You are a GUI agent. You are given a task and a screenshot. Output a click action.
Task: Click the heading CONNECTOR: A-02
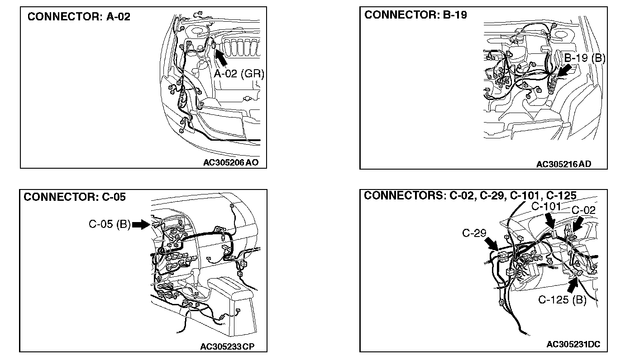coord(79,17)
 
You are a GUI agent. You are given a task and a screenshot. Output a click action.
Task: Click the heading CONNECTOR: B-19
coord(415,15)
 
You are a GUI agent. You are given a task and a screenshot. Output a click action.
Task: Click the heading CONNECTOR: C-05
coord(75,197)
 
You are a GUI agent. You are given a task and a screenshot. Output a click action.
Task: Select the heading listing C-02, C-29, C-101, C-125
coord(470,195)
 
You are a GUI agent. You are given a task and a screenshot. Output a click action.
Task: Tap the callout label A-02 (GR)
coord(239,73)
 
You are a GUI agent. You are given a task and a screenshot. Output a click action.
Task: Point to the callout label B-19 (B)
coord(585,57)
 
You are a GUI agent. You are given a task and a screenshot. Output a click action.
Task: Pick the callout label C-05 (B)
coord(109,224)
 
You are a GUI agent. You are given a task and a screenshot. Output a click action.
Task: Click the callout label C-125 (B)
coord(562,300)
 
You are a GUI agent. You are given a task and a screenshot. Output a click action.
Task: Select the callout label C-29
coord(474,233)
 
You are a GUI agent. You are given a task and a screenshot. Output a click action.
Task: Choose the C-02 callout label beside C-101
coord(584,210)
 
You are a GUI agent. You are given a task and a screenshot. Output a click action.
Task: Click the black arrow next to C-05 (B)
coord(141,224)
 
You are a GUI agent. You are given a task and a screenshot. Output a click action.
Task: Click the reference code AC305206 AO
coord(231,163)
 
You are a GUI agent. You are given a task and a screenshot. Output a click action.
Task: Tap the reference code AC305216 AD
coord(563,164)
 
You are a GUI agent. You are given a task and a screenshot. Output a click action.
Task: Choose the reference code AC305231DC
coord(573,345)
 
